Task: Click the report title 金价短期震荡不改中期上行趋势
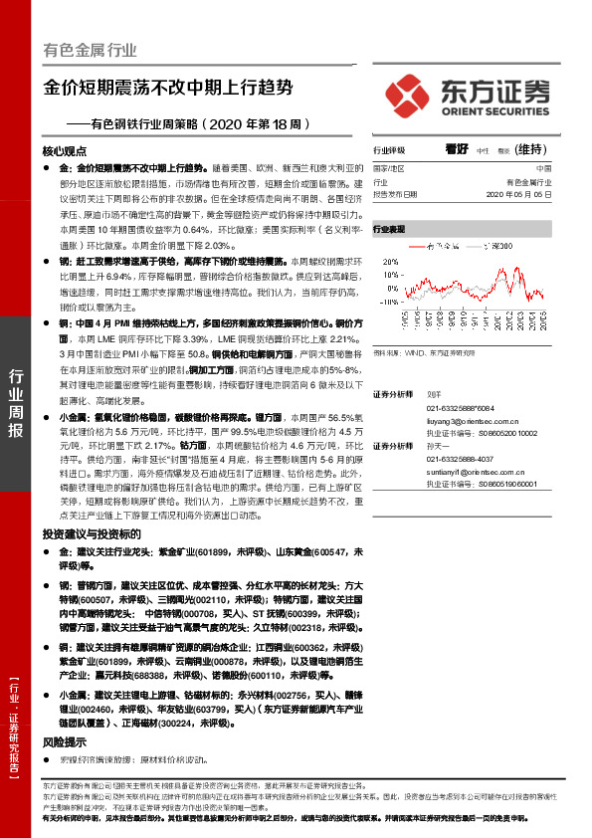pos(168,87)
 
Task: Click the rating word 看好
pos(457,148)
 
